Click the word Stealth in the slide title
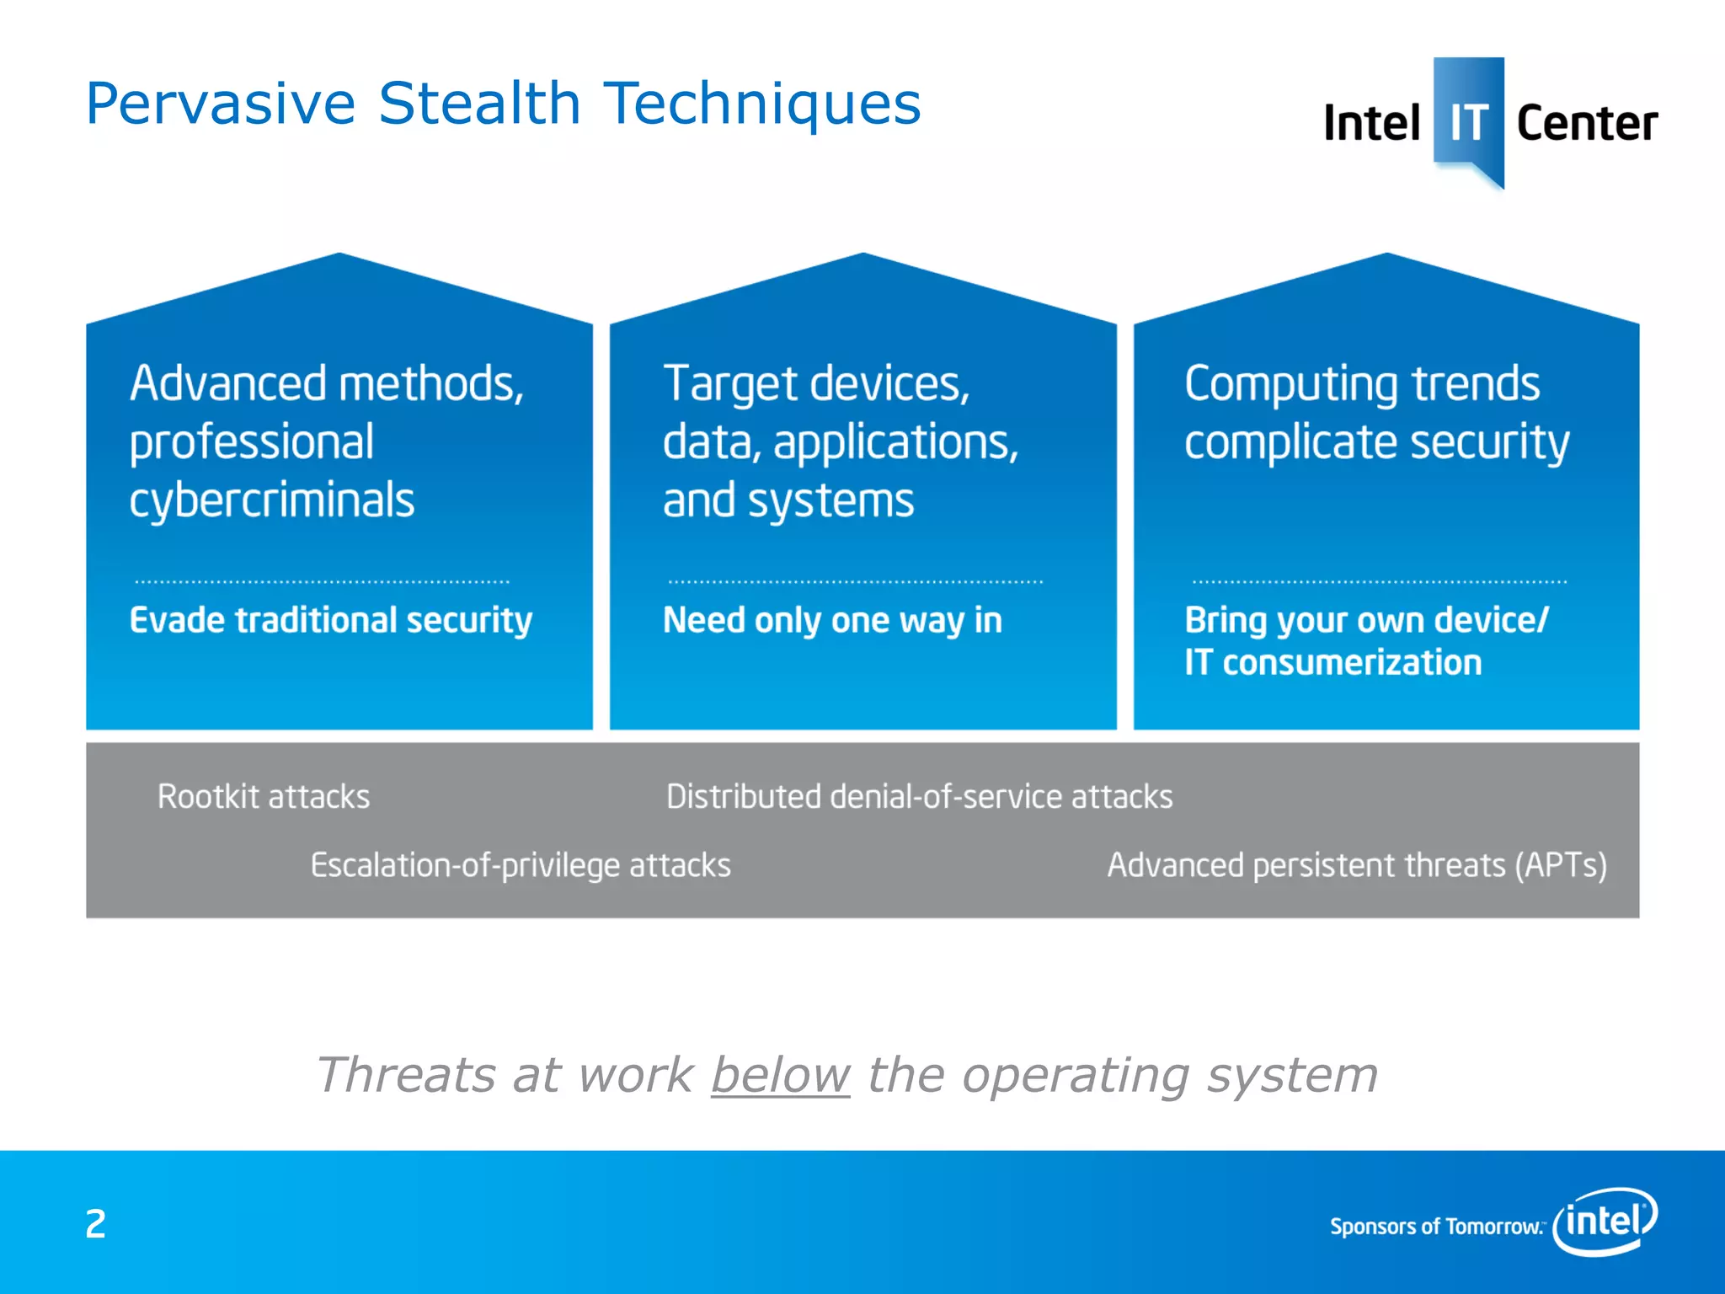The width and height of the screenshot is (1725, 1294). [479, 104]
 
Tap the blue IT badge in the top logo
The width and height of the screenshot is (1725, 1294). [1468, 118]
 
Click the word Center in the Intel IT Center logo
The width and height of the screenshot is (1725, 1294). [1587, 124]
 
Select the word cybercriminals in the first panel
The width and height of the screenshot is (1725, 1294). [272, 500]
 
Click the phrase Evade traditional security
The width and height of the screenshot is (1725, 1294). [331, 621]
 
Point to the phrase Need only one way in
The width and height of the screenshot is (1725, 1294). [832, 621]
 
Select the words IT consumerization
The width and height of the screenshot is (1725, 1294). [1332, 663]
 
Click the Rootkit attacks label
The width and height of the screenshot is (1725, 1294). [264, 797]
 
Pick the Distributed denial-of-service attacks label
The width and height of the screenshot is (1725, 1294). [919, 797]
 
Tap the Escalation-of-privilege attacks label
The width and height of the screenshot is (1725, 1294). [521, 866]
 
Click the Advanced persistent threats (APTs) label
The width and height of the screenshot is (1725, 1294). [1357, 866]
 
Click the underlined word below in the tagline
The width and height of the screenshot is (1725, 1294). [780, 1076]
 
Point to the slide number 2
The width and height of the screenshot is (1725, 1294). [95, 1224]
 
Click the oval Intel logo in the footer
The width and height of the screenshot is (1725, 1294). [1605, 1221]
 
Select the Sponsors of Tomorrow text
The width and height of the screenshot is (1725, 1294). [1435, 1227]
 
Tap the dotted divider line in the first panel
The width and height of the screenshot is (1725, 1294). [322, 581]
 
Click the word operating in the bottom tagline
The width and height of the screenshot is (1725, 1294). [1075, 1076]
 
